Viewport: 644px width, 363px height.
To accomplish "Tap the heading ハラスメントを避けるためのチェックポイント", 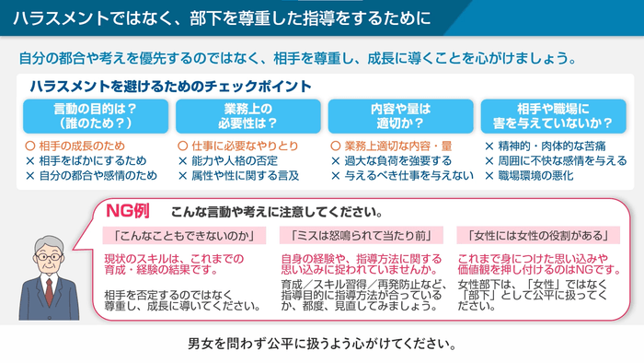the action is (170, 86).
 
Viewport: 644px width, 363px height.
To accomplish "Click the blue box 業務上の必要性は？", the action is (245, 116).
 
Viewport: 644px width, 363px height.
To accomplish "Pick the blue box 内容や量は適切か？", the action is (397, 116).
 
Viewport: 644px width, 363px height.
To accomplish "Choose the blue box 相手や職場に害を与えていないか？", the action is (550, 116).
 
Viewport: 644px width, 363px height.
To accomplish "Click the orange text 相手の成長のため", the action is (81, 146).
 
